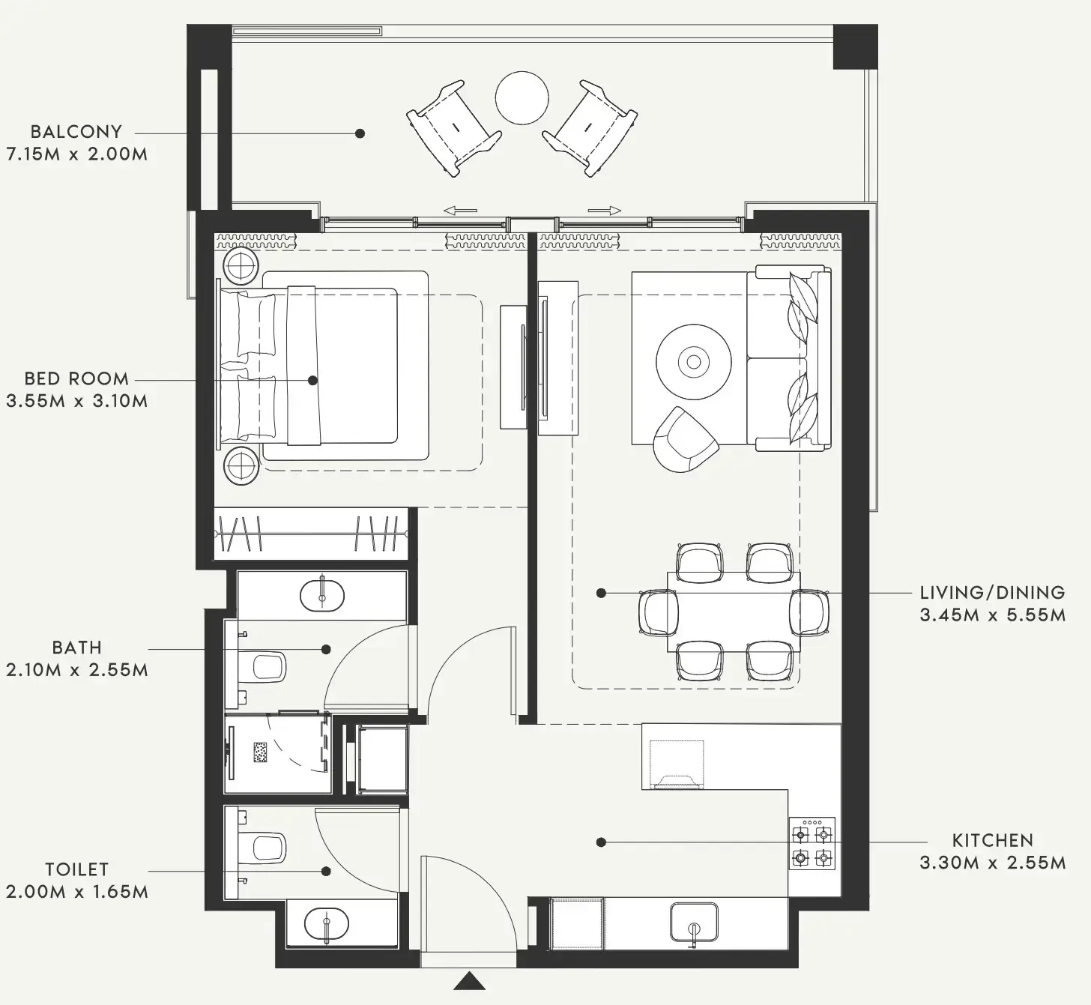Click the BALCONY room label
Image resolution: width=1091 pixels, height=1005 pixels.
(x=76, y=132)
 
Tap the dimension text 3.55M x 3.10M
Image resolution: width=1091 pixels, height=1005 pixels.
(x=76, y=401)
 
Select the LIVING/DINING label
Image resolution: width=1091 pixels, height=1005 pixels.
(x=992, y=593)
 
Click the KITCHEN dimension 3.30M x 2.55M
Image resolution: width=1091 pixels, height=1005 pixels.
(x=992, y=863)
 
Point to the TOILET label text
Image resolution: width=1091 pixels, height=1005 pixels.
(x=76, y=869)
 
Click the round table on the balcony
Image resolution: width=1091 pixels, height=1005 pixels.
(x=522, y=98)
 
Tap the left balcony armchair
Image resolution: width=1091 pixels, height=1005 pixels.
(x=453, y=128)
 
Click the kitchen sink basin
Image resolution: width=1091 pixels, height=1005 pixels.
(x=694, y=921)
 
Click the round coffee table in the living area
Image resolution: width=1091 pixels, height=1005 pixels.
(x=693, y=363)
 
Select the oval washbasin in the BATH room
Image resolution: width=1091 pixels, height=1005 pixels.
(x=322, y=596)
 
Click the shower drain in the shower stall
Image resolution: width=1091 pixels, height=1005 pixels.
(x=260, y=752)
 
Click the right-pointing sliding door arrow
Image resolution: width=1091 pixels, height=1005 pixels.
(x=605, y=211)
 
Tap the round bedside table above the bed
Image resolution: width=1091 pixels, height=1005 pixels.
(x=241, y=267)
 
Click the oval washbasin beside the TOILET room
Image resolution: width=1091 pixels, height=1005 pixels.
(x=327, y=925)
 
